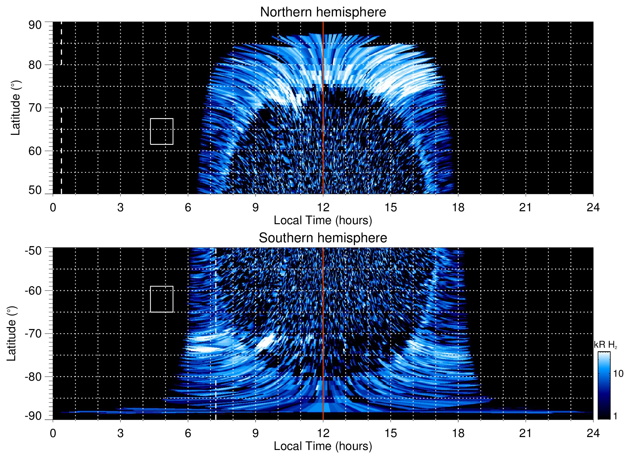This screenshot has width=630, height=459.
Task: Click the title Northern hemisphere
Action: [323, 12]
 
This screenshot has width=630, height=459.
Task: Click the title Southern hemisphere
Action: [323, 238]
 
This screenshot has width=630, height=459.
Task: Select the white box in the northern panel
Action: [162, 131]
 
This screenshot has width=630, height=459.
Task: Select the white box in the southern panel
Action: [162, 299]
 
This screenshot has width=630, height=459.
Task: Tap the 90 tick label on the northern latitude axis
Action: [35, 25]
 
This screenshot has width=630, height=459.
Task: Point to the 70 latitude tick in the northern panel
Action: [35, 108]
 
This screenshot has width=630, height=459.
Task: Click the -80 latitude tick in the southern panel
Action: [33, 376]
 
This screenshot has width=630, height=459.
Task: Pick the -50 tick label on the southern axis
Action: [33, 251]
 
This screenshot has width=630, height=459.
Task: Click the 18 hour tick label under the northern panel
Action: [458, 207]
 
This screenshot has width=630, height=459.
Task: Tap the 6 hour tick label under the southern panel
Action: [188, 433]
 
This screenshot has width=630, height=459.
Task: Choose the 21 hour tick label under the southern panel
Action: [526, 433]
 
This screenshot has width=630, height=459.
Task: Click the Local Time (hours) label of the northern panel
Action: [323, 220]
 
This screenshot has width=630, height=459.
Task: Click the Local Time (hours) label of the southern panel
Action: [323, 446]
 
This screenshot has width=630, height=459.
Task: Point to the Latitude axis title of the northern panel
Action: [15, 108]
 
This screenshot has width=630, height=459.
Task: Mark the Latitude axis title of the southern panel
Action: [11, 334]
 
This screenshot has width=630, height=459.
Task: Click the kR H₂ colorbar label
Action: [606, 345]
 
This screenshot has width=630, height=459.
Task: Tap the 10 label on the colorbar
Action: [618, 374]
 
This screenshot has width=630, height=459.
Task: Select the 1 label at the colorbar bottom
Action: [615, 416]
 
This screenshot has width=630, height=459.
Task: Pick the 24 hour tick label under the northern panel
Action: [593, 207]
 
